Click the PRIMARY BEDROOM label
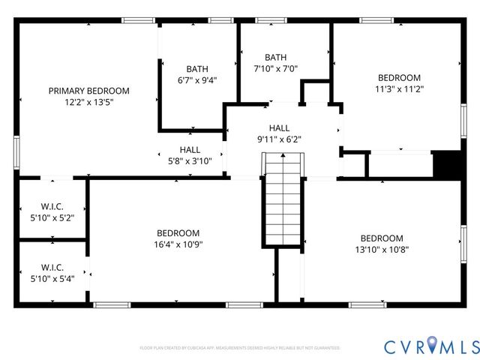point(88,91)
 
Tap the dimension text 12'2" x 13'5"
point(88,103)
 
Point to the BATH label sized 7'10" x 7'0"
point(275,57)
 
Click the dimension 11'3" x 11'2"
point(399,89)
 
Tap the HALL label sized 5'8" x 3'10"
point(190,150)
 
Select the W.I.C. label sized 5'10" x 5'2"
point(52,206)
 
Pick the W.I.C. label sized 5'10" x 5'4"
point(52,267)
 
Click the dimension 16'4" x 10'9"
point(178,244)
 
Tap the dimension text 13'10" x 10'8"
point(382,250)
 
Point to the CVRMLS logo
point(430,346)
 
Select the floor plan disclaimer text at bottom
point(240,348)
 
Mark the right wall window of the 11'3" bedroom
point(463,122)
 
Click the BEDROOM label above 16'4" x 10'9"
point(178,232)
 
